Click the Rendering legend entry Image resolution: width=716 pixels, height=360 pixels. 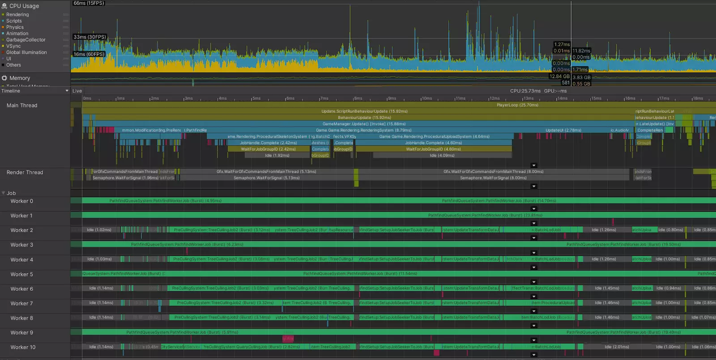(17, 15)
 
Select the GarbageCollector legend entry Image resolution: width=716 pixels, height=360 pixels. (26, 40)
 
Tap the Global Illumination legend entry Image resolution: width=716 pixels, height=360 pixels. (26, 52)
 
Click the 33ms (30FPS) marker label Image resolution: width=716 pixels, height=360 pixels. (90, 37)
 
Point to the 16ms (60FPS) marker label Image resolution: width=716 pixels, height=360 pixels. (89, 55)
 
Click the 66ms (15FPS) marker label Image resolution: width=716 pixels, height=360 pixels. (89, 3)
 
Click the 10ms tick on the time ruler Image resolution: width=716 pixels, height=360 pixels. (426, 98)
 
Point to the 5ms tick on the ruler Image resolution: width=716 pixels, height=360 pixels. (256, 98)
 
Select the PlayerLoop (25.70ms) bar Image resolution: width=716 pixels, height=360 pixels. (517, 105)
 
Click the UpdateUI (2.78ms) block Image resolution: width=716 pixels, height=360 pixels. (563, 130)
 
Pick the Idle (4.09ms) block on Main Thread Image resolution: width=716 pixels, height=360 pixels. (442, 156)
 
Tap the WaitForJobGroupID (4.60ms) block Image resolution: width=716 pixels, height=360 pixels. (433, 149)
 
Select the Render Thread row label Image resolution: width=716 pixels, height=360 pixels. (25, 173)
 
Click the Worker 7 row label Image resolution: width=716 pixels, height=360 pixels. (22, 304)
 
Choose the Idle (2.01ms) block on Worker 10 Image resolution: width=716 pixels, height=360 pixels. (617, 347)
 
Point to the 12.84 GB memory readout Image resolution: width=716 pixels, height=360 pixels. (559, 76)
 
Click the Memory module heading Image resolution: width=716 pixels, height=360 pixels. (20, 78)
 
